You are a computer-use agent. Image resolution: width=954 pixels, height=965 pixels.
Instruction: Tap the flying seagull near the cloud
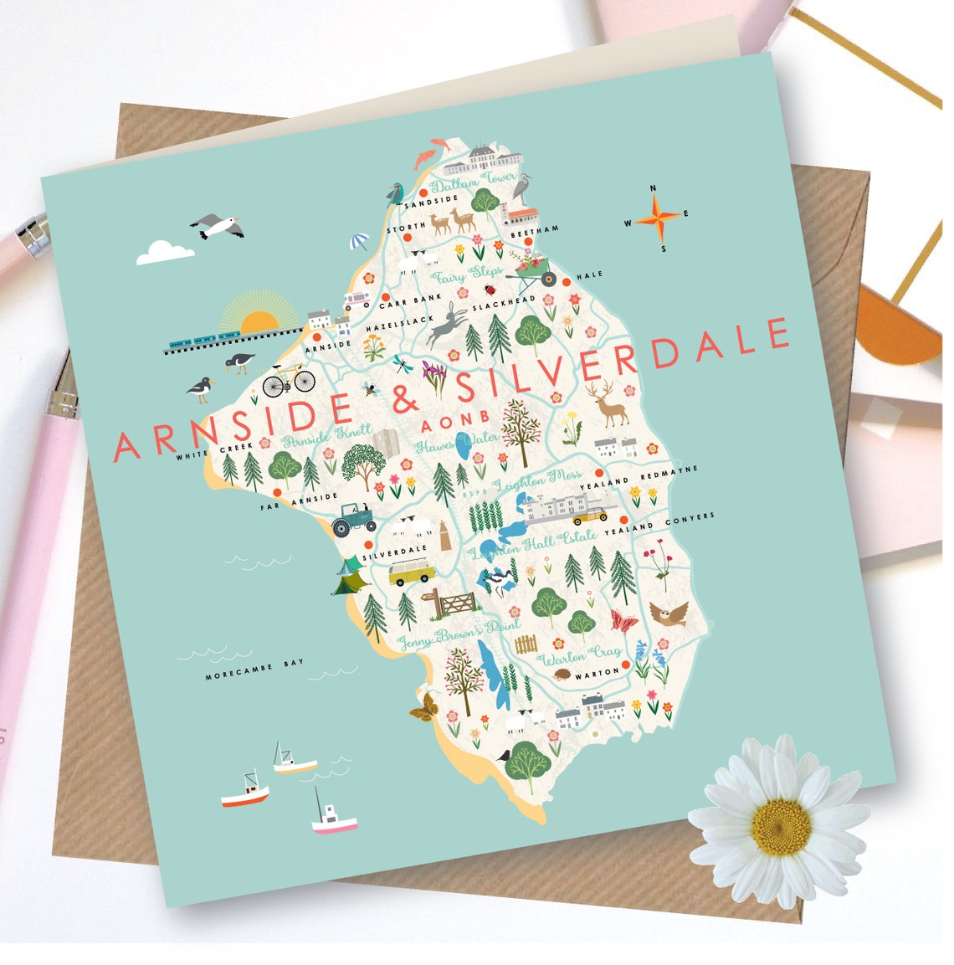click(218, 226)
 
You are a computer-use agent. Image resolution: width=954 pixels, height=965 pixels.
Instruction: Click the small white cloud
click(165, 252)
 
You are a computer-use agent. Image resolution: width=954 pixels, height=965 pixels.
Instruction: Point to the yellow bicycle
click(288, 381)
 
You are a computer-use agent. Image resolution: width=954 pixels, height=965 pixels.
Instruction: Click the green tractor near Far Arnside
click(353, 520)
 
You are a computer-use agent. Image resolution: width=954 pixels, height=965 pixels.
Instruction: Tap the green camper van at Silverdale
click(412, 573)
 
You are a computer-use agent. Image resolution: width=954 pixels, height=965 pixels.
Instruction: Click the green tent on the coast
click(350, 577)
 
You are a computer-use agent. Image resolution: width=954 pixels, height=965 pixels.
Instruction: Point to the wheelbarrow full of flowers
click(535, 266)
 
